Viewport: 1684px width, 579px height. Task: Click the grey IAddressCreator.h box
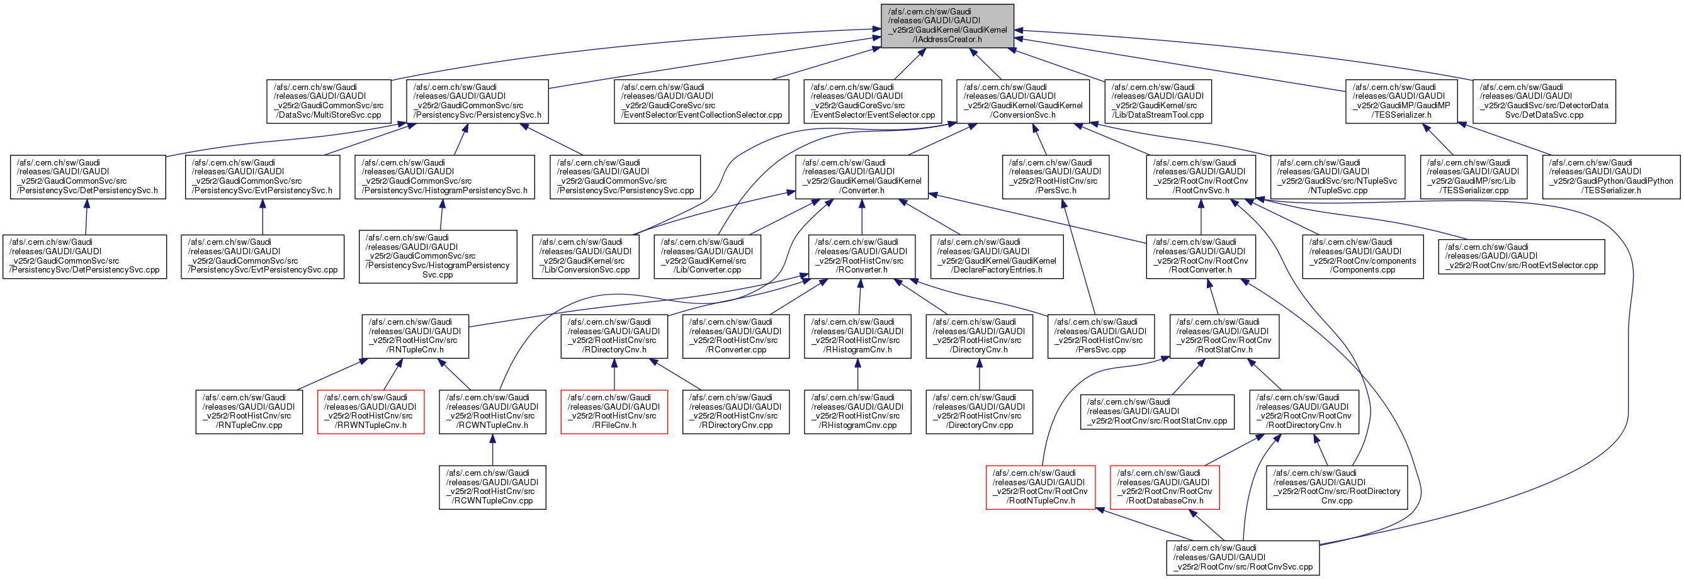click(947, 26)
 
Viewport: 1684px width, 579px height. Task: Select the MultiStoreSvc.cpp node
click(329, 101)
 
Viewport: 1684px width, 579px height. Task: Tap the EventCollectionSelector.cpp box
click(701, 101)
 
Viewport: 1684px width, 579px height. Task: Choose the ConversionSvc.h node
click(1023, 101)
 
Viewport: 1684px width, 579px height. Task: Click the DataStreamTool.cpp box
click(1158, 101)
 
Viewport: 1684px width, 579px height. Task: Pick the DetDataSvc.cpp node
click(1544, 101)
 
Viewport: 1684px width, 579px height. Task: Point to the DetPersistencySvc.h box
click(88, 177)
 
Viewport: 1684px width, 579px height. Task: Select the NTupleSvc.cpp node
click(1337, 177)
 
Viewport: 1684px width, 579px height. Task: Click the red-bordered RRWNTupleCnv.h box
click(371, 412)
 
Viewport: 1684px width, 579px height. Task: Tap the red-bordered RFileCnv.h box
click(614, 412)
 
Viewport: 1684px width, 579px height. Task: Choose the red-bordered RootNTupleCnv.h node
click(1041, 488)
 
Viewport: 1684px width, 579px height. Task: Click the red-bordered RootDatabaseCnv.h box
click(1165, 488)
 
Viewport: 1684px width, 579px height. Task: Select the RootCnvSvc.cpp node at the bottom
click(1243, 558)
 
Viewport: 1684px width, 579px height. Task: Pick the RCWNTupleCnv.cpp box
click(492, 488)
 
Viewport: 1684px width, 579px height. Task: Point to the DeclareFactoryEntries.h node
click(997, 256)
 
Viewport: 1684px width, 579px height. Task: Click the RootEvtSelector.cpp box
click(1521, 257)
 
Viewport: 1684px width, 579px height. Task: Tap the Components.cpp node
click(1362, 256)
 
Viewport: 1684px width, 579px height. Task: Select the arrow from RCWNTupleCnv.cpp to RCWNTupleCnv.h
click(492, 450)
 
